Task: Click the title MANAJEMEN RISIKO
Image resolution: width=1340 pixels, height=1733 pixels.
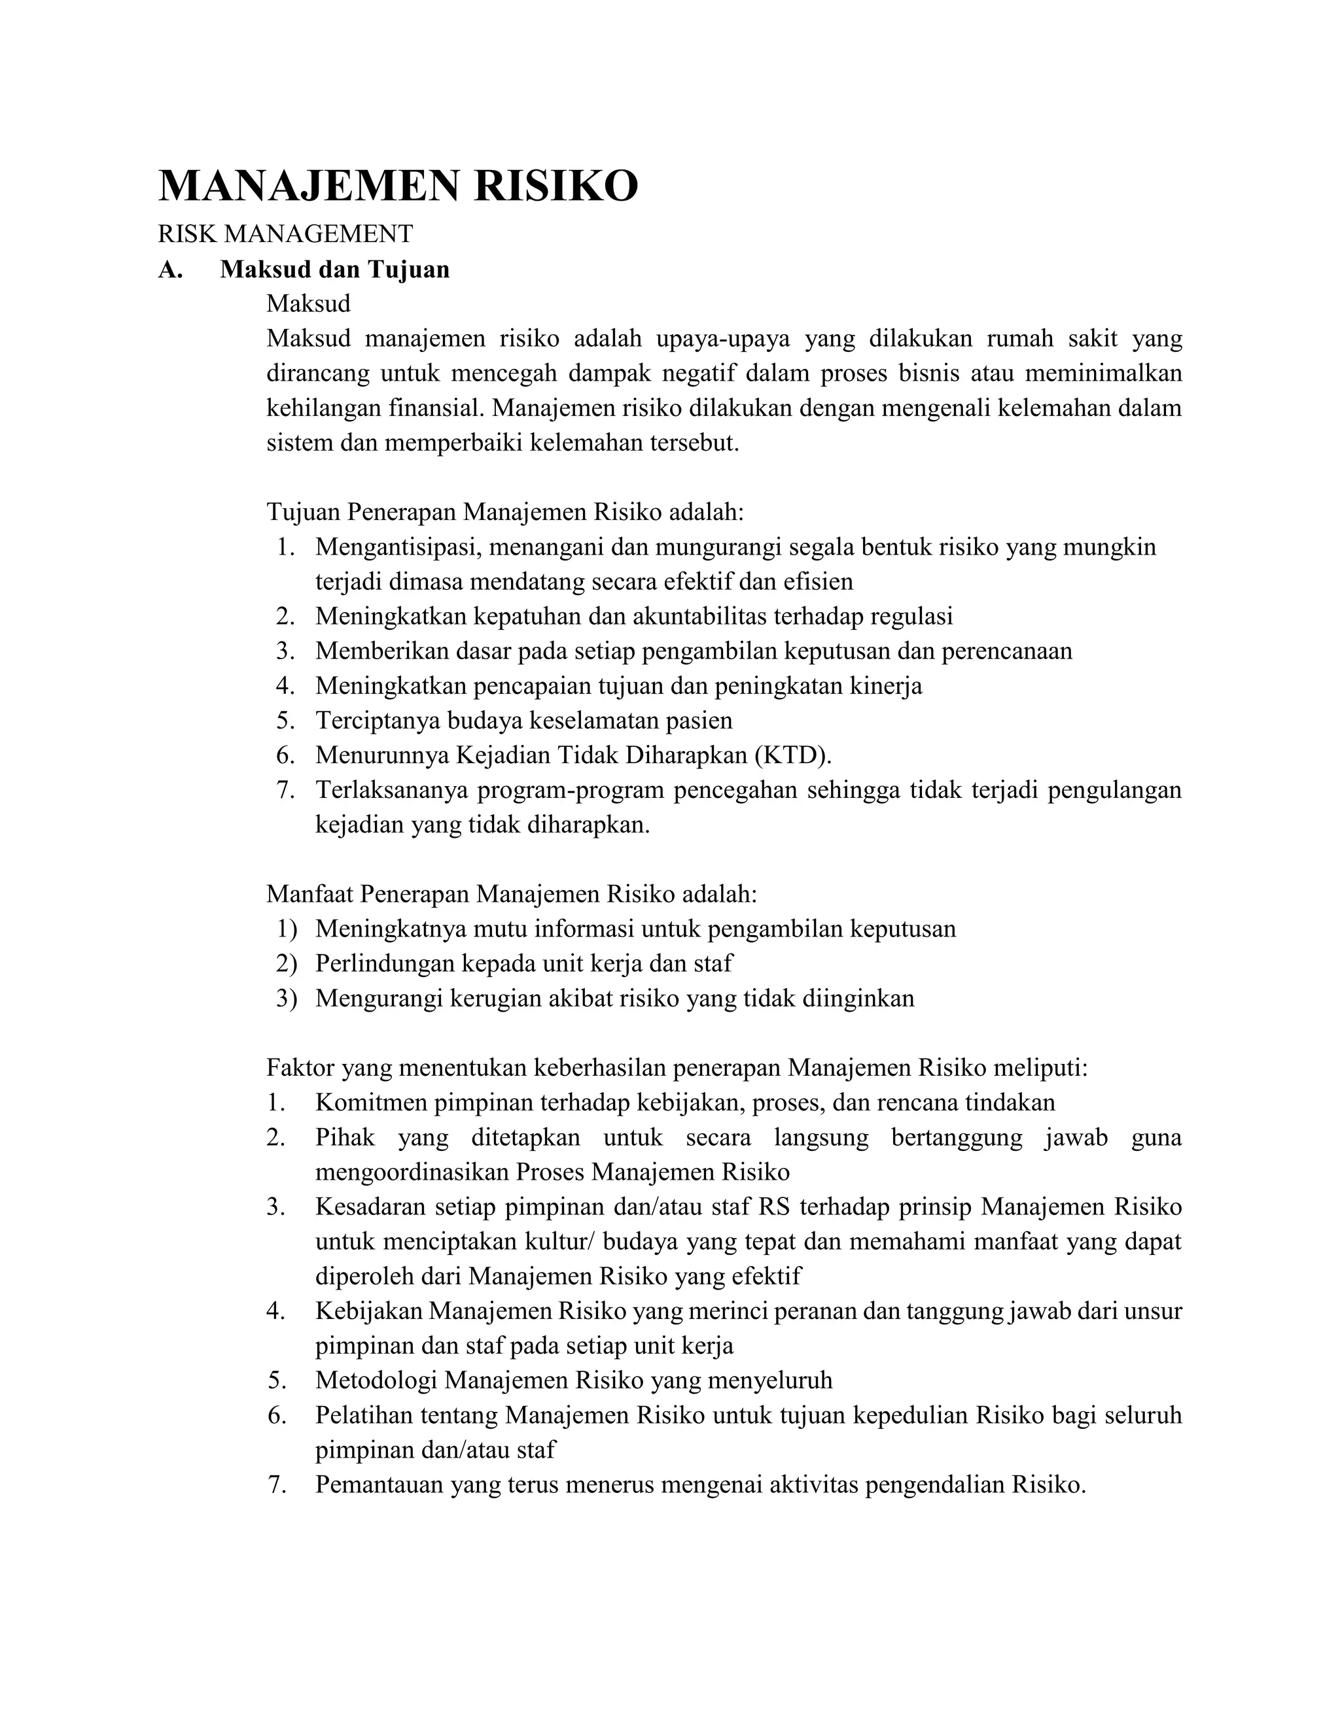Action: point(398,186)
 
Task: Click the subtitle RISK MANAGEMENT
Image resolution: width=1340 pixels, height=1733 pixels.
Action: point(285,234)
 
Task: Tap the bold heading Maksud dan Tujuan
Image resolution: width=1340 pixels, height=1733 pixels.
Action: point(334,270)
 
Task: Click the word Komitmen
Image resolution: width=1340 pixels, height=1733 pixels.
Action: point(371,1103)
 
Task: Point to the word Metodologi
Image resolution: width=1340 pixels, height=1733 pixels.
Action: point(376,1381)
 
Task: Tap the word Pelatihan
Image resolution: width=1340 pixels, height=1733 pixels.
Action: point(364,1415)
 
